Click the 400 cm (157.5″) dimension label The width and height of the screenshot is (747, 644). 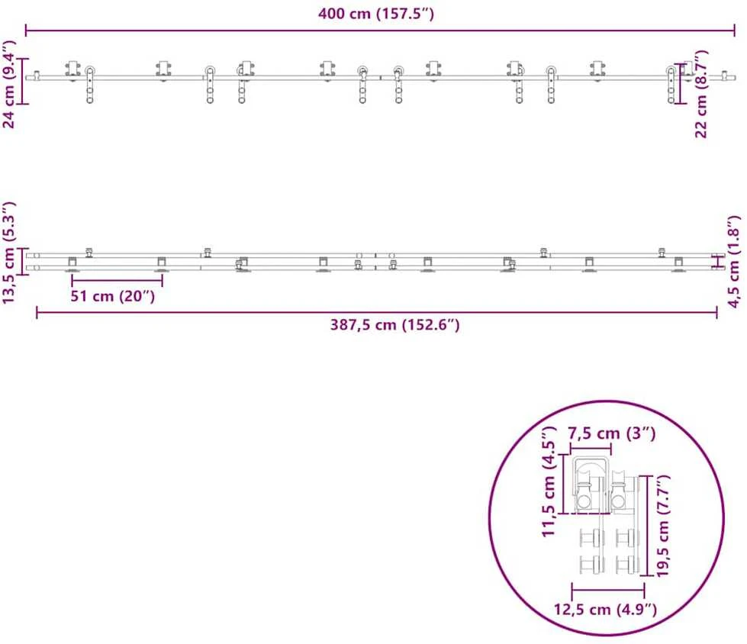376,13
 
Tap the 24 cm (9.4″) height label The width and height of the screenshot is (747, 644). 9,84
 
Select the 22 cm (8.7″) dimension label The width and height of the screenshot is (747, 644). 700,94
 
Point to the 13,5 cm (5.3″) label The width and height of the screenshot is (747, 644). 9,253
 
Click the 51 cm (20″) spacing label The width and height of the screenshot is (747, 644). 112,296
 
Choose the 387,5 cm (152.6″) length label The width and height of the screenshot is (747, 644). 395,325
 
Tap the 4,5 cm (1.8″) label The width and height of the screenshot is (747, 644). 734,262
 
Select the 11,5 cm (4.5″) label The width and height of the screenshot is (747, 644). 549,481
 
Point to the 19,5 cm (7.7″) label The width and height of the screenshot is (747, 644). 663,526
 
